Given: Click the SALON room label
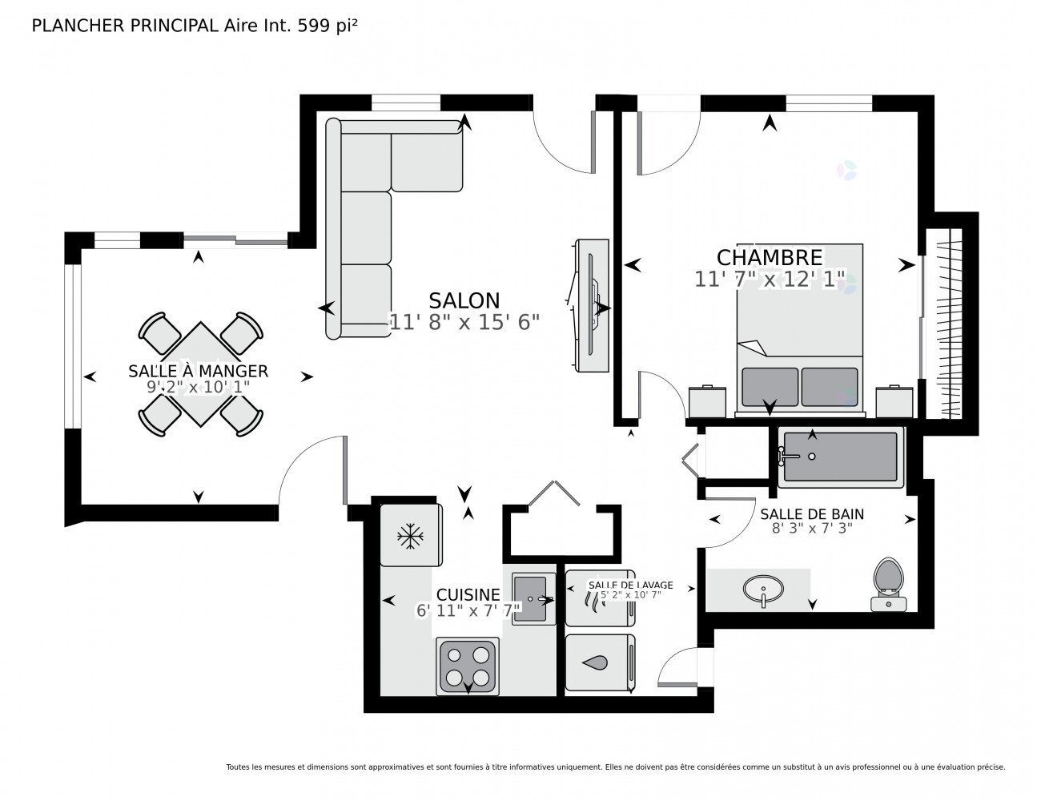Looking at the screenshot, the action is [464, 300].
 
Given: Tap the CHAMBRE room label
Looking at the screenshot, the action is [770, 258].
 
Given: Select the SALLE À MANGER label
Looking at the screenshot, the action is [198, 370].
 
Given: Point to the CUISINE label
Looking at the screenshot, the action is [468, 594].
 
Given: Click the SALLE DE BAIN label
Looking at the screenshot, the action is [812, 514].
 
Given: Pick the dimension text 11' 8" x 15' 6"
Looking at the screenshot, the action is [464, 322].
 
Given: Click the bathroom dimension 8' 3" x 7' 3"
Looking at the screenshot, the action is [812, 528].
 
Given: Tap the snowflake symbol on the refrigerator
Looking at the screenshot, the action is [410, 536].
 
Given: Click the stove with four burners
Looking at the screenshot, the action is [468, 666].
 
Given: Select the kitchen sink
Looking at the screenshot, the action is [533, 598].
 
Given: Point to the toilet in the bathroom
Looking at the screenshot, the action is [889, 584].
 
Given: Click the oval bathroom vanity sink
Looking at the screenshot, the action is [763, 589].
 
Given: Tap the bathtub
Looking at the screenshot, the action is [840, 457].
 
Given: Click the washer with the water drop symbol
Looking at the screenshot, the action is [600, 662].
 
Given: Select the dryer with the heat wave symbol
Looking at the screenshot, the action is [600, 598].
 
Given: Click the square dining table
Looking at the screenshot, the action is [200, 374].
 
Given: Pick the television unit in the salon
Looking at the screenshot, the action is [592, 305].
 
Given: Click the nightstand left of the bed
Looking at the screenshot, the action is [707, 401].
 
